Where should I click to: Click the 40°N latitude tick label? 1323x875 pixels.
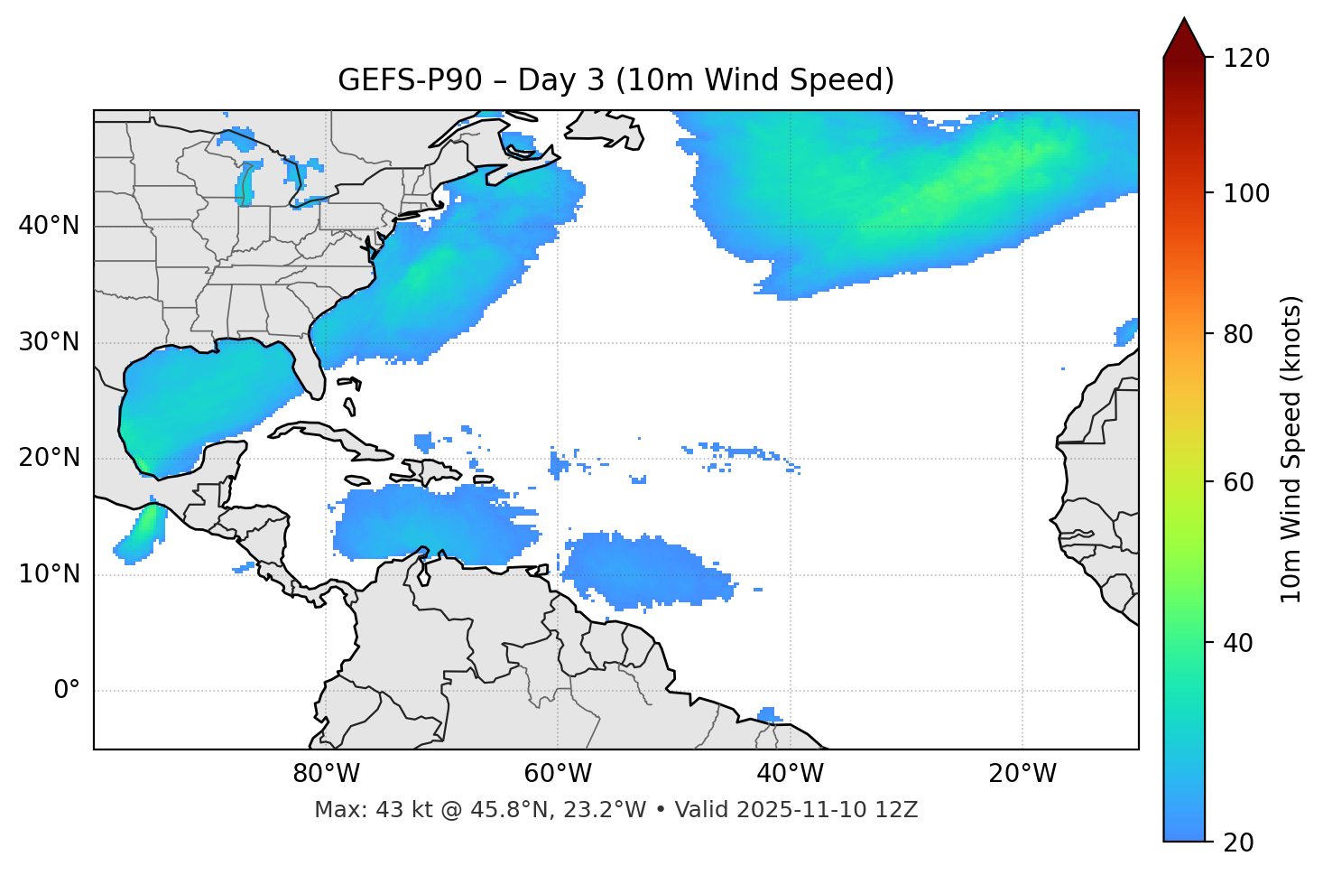(x=49, y=226)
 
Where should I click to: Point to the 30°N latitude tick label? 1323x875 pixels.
(x=49, y=342)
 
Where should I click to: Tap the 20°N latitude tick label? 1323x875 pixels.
(x=49, y=458)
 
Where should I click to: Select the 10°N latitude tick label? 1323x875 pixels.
(x=49, y=574)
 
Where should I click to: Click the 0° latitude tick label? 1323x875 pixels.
(x=67, y=691)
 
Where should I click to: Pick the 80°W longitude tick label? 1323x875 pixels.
(x=326, y=774)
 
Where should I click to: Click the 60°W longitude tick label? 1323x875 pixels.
(x=558, y=774)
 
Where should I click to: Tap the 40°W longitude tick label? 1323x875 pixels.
(x=790, y=774)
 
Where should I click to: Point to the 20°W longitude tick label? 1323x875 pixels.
(x=1022, y=774)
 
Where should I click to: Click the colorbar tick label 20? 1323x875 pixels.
(x=1238, y=842)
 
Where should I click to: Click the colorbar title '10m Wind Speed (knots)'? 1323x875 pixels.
(x=1291, y=449)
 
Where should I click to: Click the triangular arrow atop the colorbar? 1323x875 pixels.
(x=1184, y=38)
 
